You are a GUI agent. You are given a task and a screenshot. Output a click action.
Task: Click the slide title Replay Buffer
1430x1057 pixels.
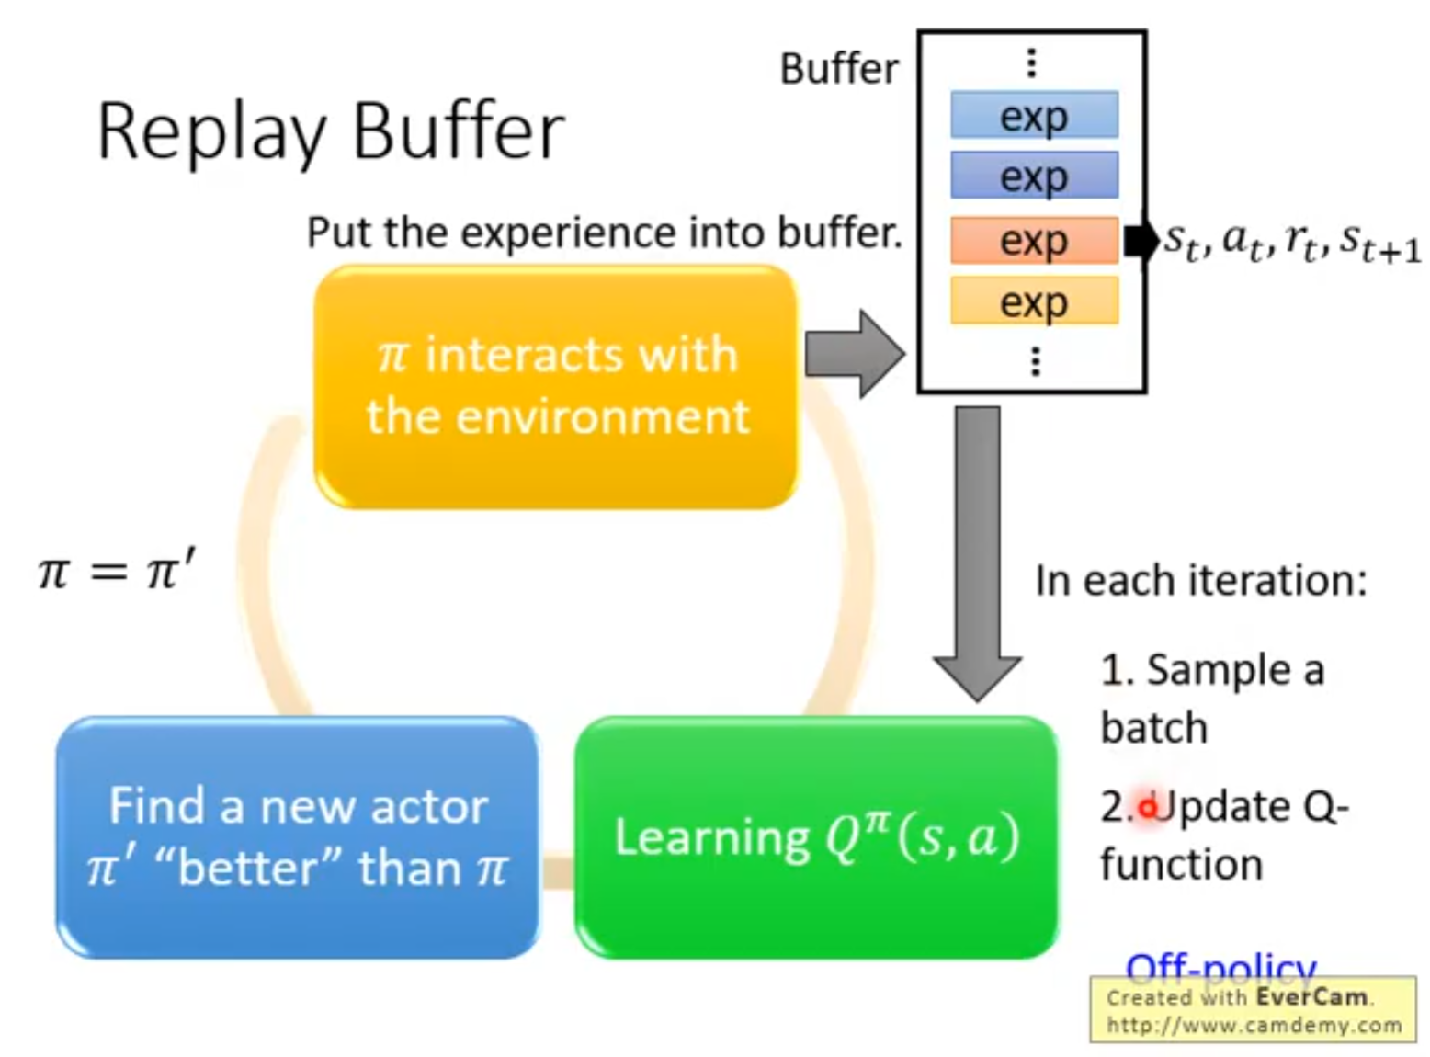[x=330, y=132]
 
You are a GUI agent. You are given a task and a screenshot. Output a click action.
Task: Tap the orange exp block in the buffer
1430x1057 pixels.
[x=1034, y=241]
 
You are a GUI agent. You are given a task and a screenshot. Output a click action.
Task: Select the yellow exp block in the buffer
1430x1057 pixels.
[x=1034, y=301]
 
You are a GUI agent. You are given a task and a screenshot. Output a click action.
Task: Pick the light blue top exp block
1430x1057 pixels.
[x=1034, y=116]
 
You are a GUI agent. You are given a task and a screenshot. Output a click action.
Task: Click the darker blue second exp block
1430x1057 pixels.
[x=1034, y=176]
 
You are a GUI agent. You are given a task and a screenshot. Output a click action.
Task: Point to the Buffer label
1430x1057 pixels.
[x=838, y=69]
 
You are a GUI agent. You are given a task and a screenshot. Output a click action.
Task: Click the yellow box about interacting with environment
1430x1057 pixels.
[x=556, y=386]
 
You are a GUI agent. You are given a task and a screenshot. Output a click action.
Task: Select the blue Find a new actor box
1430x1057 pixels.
[x=297, y=836]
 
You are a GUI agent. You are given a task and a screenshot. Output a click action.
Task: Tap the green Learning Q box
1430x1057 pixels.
[x=816, y=836]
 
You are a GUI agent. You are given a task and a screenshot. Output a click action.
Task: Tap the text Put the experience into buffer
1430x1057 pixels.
[x=604, y=233]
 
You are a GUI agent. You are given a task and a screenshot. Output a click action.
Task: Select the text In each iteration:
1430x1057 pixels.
[x=1200, y=581]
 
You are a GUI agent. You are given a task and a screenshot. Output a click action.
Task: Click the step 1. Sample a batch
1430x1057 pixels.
[x=1211, y=699]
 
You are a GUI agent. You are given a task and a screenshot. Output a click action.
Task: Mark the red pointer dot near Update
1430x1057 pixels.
[x=1147, y=808]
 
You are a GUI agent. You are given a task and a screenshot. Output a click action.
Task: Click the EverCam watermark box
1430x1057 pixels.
[x=1254, y=1010]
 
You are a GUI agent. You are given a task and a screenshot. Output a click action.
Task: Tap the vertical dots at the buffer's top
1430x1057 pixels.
[x=1032, y=63]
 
